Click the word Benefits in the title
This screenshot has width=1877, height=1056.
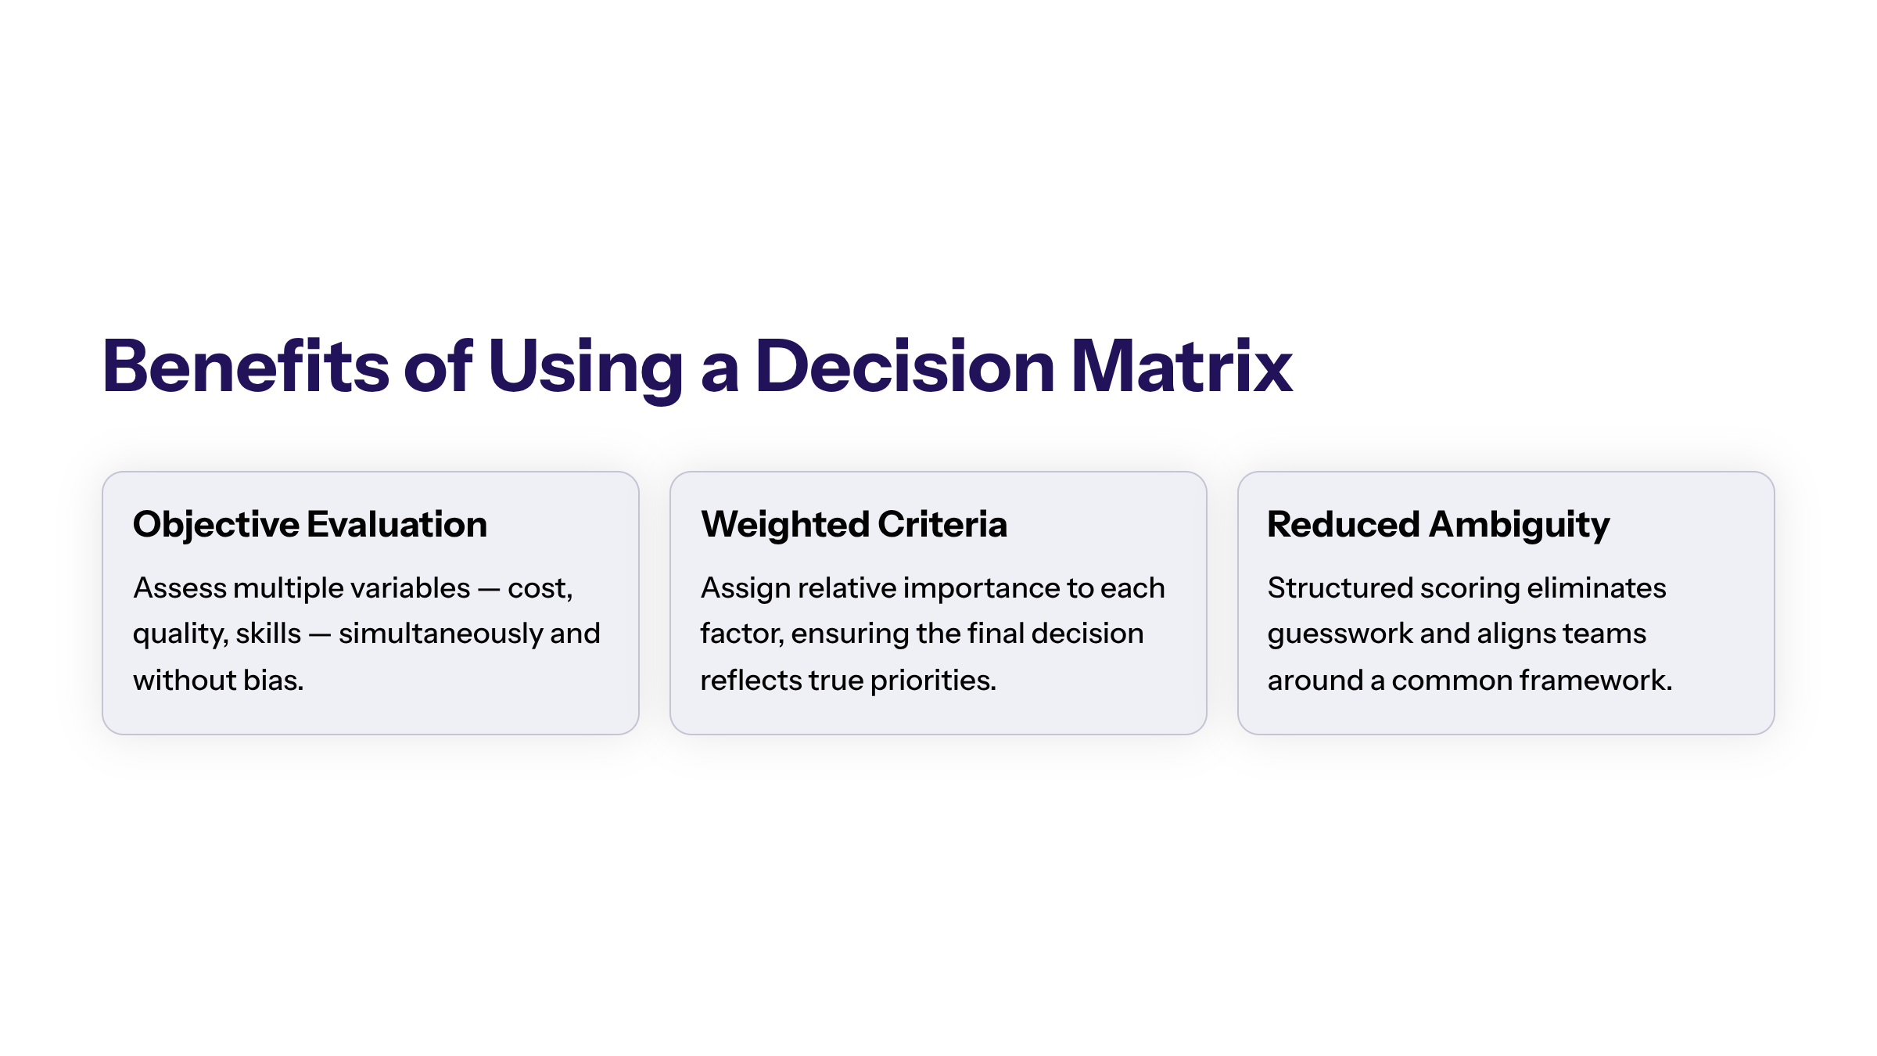pos(246,365)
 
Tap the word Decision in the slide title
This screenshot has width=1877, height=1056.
pos(905,365)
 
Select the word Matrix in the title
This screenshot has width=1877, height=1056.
pos(1182,365)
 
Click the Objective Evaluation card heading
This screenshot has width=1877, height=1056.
pos(310,525)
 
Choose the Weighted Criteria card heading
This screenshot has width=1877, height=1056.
pos(854,525)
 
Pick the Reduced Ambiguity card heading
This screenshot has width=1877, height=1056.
pos(1438,525)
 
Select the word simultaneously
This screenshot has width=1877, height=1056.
pos(441,634)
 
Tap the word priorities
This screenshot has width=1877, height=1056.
pos(933,681)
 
